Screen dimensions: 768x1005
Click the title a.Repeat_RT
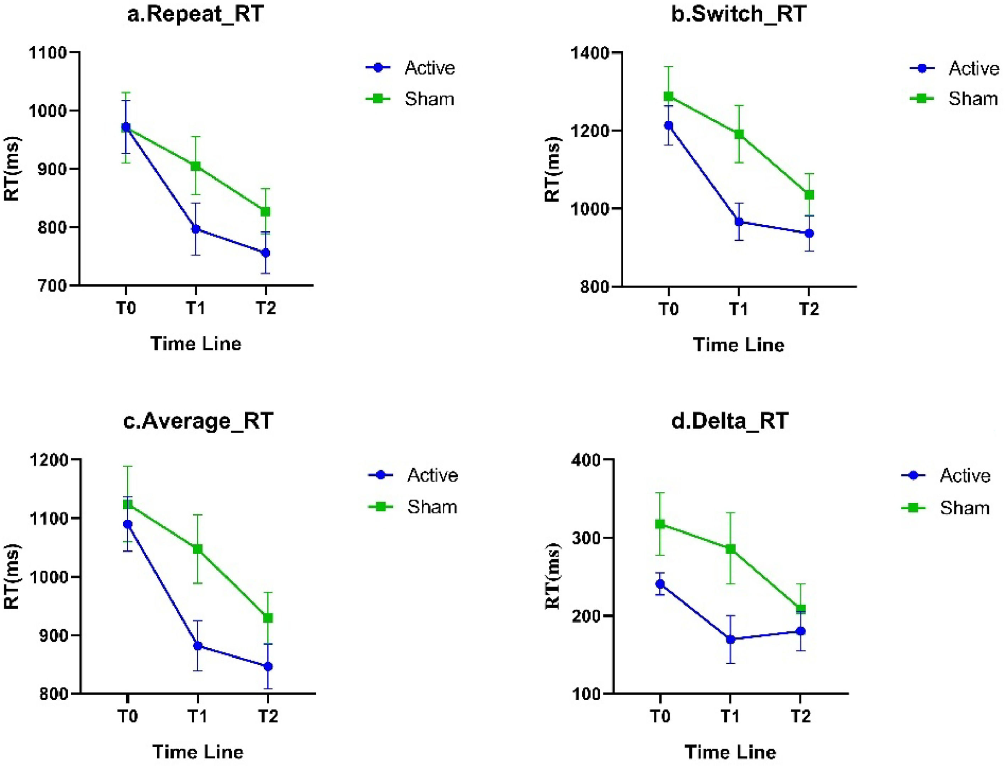click(195, 14)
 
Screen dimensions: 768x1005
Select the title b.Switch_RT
click(738, 14)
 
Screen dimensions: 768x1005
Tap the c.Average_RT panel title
click(198, 421)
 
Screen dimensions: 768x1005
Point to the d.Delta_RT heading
click(730, 421)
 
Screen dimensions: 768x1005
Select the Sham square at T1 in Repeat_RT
click(195, 166)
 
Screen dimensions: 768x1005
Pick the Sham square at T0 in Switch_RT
click(669, 96)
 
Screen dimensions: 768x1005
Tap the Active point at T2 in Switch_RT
click(809, 233)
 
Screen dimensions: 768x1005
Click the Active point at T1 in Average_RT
click(198, 646)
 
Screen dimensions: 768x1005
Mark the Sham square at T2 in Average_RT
click(268, 618)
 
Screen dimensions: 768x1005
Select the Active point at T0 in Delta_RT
click(660, 584)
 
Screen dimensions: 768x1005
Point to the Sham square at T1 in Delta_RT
click(730, 548)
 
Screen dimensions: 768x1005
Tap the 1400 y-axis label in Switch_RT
click(590, 53)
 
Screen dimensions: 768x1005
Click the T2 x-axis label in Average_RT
click(268, 716)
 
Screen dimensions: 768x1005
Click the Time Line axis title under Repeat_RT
click(195, 344)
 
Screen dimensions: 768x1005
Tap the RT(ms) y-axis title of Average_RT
click(12, 576)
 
